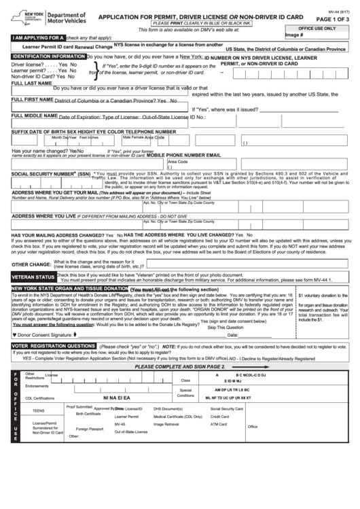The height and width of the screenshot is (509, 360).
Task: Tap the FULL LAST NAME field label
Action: click(29, 83)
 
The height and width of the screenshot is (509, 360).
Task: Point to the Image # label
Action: click(295, 35)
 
